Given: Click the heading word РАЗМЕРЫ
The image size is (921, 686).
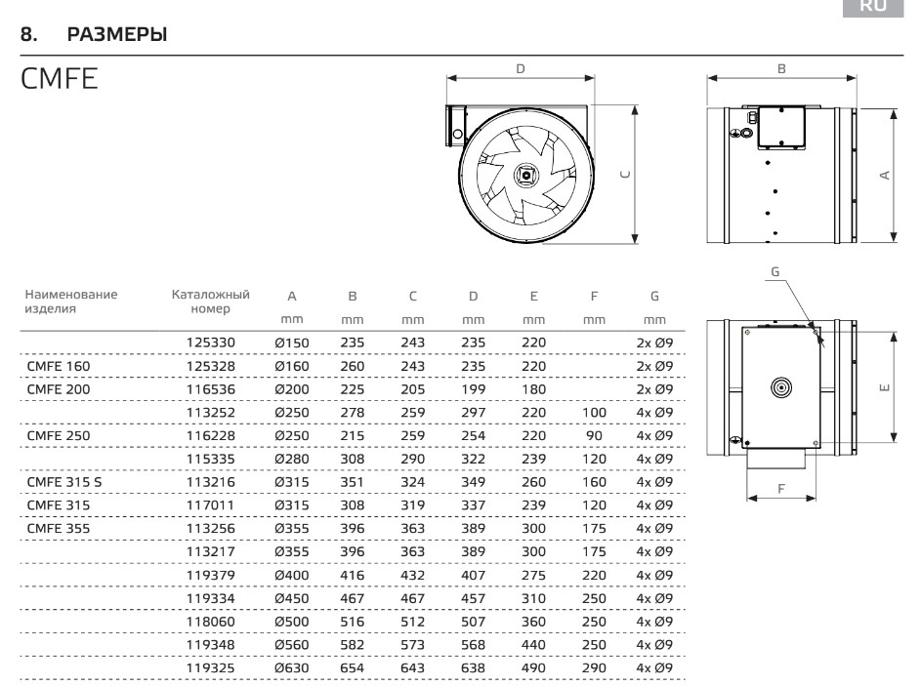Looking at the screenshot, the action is pyautogui.click(x=117, y=34).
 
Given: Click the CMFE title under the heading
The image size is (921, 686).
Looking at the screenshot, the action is pyautogui.click(x=59, y=79).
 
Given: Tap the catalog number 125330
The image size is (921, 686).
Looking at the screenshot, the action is pyautogui.click(x=210, y=343).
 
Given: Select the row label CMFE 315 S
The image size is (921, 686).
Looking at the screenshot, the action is pyautogui.click(x=64, y=482).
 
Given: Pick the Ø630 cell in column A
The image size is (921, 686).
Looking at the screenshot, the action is pyautogui.click(x=291, y=667).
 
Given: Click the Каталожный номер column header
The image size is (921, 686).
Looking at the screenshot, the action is pyautogui.click(x=210, y=302).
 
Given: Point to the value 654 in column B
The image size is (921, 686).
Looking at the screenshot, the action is pyautogui.click(x=352, y=667).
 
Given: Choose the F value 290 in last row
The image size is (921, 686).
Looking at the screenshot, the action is pyautogui.click(x=594, y=667).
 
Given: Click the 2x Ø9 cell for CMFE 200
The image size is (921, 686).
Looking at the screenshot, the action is pyautogui.click(x=654, y=389).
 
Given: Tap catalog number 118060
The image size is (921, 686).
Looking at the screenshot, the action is pyautogui.click(x=210, y=622).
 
